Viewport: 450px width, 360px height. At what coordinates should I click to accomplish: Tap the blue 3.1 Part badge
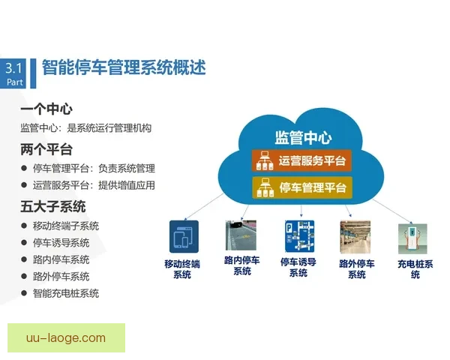(x=16, y=73)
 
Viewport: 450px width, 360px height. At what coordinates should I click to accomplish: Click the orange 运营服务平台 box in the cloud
(x=301, y=160)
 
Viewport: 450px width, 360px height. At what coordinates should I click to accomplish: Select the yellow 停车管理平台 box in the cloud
(x=301, y=187)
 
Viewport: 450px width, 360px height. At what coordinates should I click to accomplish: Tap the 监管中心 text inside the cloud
(x=303, y=137)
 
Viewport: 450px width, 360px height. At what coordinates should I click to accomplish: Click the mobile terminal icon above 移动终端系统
(x=181, y=235)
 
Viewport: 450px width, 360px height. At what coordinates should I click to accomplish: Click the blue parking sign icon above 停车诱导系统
(x=298, y=235)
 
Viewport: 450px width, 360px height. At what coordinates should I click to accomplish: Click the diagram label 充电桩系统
(x=415, y=269)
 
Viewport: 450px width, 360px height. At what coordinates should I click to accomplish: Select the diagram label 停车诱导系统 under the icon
(x=298, y=267)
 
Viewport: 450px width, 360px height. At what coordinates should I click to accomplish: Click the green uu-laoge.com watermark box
(x=66, y=337)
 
